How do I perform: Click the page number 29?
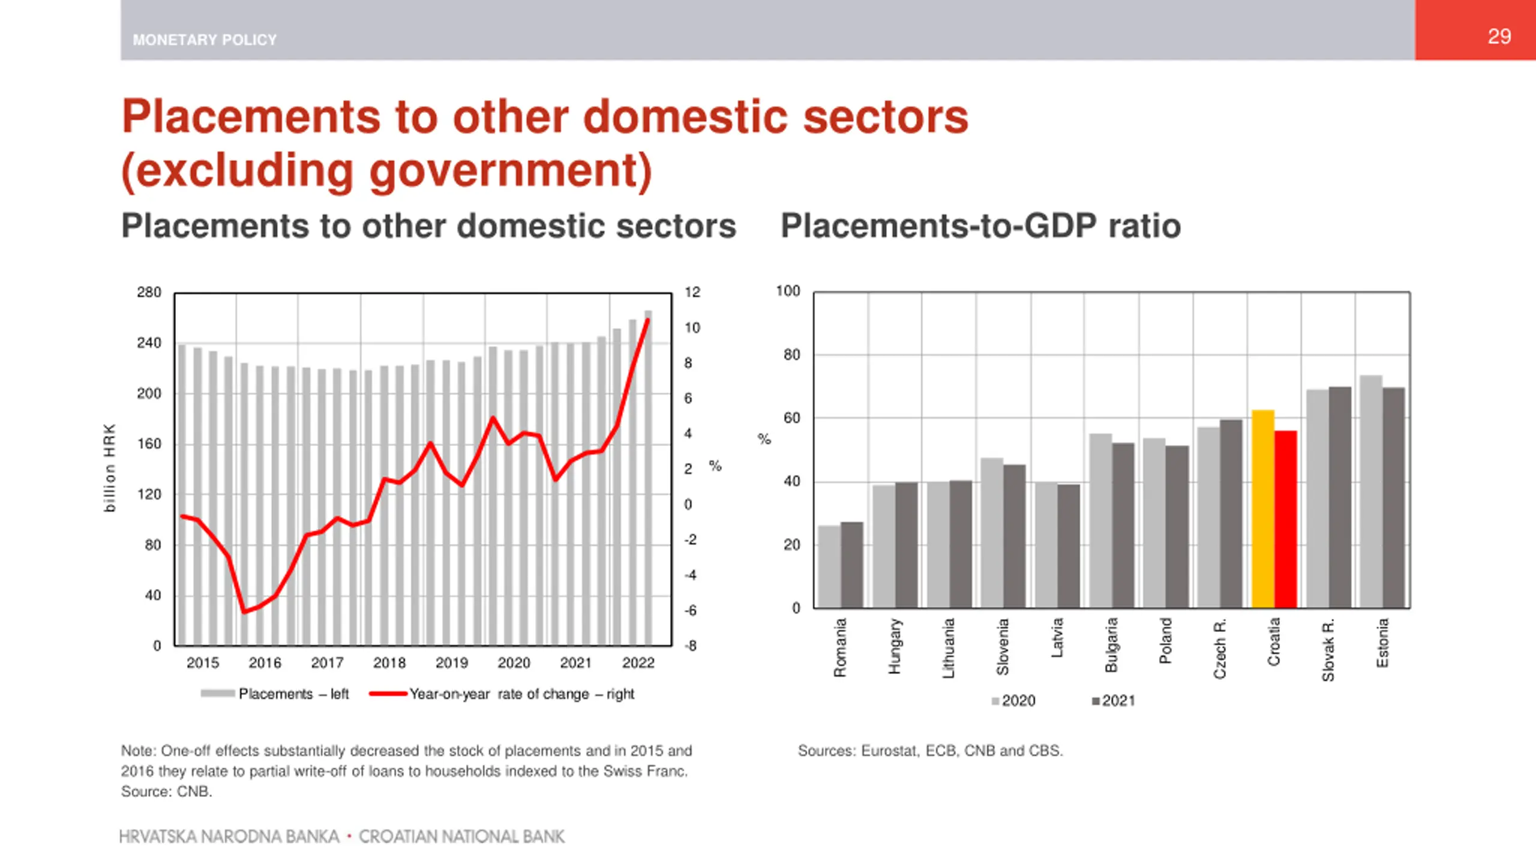click(1499, 37)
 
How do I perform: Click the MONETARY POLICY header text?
click(205, 40)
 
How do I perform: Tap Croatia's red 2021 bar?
click(1285, 519)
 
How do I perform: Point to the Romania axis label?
click(840, 647)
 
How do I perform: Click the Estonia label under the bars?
click(1382, 643)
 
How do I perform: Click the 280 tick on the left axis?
click(149, 292)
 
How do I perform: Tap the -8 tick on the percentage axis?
click(691, 646)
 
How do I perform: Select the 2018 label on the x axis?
click(389, 663)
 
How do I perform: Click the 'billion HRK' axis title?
click(109, 468)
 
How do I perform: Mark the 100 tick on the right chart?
click(788, 291)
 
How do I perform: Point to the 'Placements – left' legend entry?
click(275, 694)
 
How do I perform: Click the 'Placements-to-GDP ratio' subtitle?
click(980, 226)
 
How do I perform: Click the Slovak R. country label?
click(1328, 650)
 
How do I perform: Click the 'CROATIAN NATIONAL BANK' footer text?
click(461, 836)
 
